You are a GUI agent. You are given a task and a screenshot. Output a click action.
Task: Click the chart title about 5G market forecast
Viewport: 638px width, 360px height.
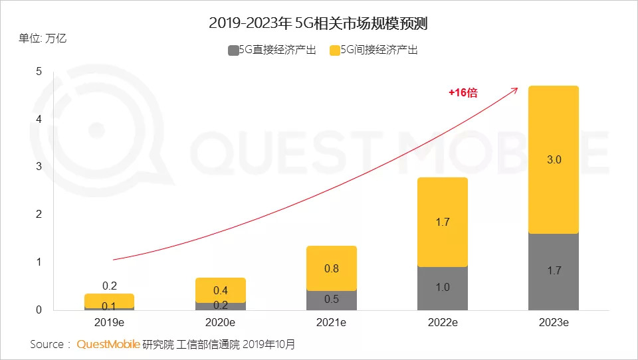pos(318,25)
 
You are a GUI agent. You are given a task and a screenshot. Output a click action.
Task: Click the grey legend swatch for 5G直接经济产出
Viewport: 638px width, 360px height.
pos(233,50)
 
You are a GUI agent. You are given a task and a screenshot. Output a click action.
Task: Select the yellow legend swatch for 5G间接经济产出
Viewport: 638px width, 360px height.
pos(334,50)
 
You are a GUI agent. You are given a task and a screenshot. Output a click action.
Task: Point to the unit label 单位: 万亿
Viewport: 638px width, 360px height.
pos(43,38)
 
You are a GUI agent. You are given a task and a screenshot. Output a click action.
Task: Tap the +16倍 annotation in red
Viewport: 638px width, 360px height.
pos(463,93)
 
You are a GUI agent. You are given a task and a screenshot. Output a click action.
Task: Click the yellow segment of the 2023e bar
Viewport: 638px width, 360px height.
pos(553,159)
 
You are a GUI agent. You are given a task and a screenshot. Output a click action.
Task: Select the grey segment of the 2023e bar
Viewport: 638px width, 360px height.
pos(553,271)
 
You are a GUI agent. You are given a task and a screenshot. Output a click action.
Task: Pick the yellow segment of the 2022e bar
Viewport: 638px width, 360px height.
pos(442,222)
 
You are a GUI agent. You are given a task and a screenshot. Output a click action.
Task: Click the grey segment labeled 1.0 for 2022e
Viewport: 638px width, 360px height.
pos(442,288)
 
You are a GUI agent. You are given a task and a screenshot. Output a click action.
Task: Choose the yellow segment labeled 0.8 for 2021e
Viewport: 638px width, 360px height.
pos(331,268)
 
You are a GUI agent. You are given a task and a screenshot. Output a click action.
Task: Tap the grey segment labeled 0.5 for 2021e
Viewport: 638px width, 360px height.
pos(331,300)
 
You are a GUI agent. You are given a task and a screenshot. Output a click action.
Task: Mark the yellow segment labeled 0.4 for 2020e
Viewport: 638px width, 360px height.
pos(221,290)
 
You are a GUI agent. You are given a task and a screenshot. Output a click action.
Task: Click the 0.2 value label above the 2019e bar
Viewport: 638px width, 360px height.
pos(110,286)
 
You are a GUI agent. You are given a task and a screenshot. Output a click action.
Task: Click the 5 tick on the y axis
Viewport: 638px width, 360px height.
pos(39,71)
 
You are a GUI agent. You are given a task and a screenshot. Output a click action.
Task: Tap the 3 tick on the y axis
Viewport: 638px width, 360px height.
pos(39,167)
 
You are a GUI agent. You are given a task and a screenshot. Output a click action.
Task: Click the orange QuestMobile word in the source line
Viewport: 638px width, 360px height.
pos(108,344)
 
